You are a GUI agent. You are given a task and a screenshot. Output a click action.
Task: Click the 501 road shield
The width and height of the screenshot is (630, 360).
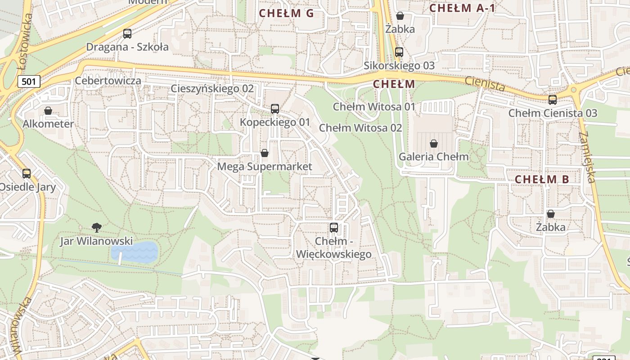point(29,81)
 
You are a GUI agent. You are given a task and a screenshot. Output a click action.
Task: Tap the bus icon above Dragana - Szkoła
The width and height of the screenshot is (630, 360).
point(127,33)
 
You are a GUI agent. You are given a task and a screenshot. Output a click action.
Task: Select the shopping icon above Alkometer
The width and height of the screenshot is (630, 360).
point(48,111)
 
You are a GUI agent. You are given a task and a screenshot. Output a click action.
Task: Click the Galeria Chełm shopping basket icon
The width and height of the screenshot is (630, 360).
point(433,144)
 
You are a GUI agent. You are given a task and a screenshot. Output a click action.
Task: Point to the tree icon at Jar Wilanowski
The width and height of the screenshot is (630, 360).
point(96,227)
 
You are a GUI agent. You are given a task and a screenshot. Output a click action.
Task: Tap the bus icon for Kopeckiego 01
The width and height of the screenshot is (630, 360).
point(275,108)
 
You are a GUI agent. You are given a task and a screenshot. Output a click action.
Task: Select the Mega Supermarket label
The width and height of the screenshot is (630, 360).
point(265,166)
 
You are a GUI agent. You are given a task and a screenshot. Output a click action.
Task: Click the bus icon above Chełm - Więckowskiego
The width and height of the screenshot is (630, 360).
point(333,227)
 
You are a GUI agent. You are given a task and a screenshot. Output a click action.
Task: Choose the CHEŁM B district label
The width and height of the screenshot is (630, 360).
point(542,179)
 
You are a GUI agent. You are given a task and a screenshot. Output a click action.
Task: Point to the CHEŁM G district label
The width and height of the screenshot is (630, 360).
point(286,13)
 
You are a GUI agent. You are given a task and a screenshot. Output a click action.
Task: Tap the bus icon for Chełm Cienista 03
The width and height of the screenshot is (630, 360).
point(553,100)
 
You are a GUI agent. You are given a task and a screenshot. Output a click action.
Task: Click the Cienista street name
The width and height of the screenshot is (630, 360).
point(485,83)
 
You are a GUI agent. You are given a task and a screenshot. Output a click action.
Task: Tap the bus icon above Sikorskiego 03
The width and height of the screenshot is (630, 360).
point(399,52)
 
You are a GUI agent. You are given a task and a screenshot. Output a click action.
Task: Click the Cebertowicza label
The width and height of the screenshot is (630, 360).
point(108,81)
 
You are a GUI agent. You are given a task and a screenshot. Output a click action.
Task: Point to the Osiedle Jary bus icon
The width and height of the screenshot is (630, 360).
point(27,173)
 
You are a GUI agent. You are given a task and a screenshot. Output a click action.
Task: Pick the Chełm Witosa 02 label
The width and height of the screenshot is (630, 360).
point(360,128)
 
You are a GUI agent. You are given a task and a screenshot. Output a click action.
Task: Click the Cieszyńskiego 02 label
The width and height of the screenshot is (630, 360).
point(212,89)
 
